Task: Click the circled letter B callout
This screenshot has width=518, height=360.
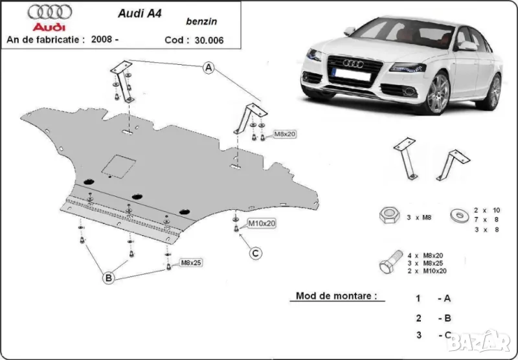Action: pyautogui.click(x=109, y=278)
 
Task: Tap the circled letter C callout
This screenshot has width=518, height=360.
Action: pyautogui.click(x=255, y=253)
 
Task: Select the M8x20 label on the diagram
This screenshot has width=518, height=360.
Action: pyautogui.click(x=284, y=134)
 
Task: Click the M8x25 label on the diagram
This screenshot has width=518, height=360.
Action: pyautogui.click(x=192, y=262)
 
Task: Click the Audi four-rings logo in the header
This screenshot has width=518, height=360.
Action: pyautogui.click(x=50, y=12)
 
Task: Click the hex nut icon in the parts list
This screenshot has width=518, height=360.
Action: pyautogui.click(x=389, y=216)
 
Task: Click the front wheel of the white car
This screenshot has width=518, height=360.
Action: pyautogui.click(x=438, y=95)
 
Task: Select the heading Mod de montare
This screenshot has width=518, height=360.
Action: pyautogui.click(x=335, y=296)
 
